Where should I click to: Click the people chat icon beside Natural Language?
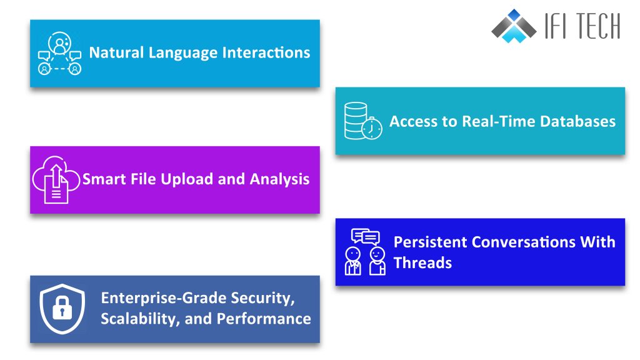pos(59,54)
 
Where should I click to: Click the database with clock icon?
pos(363,121)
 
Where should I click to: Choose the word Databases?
pos(580,121)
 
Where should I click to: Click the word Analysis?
pos(279,180)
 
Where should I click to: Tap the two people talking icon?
pos(365,252)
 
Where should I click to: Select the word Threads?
pos(422,262)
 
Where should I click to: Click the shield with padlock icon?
pos(62,309)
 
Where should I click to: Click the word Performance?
pos(264,319)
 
